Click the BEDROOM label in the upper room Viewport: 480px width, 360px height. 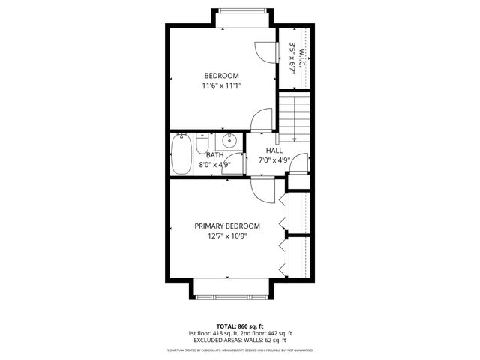(x=221, y=76)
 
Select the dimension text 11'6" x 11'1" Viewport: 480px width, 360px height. (x=221, y=85)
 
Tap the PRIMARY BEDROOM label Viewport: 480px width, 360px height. (x=227, y=226)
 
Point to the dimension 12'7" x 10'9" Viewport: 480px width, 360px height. (x=227, y=236)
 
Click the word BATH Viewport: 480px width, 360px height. (x=204, y=155)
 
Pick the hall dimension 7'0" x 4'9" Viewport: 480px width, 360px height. (x=274, y=160)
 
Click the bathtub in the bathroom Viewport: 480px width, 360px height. (x=182, y=154)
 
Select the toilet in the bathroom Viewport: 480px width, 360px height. (x=202, y=142)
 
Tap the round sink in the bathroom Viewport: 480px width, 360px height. (x=230, y=140)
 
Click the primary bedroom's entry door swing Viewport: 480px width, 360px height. (x=263, y=190)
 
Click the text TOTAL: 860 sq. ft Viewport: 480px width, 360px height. (x=239, y=326)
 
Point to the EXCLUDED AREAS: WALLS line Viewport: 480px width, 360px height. (x=239, y=340)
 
